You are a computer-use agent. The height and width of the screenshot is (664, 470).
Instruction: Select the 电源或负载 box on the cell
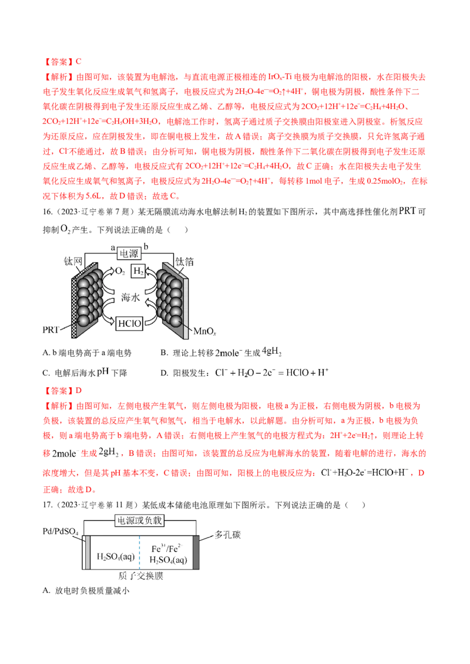coord(139,520)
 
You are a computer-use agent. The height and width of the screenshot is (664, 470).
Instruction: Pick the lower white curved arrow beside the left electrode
coord(108,311)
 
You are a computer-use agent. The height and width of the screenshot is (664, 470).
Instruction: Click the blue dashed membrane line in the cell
coord(139,551)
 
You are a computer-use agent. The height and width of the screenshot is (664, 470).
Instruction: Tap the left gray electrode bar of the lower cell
coord(88,551)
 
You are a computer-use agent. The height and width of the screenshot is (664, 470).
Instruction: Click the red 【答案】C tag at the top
coord(63,61)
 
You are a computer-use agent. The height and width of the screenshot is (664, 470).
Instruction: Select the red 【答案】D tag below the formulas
coord(63,389)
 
